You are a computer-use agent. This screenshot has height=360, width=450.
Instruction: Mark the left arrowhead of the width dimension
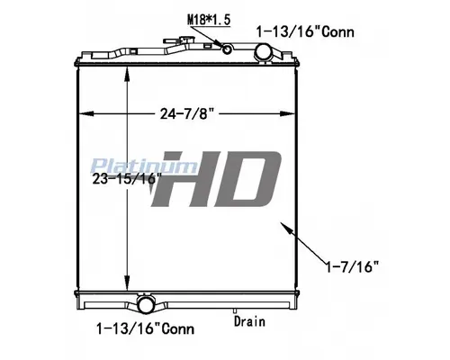(x=85, y=113)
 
